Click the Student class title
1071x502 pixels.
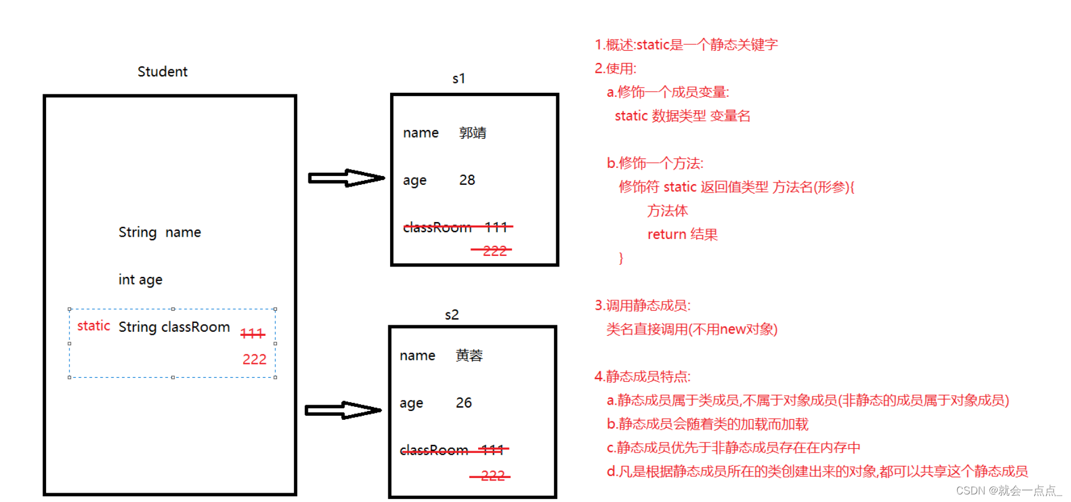[162, 72]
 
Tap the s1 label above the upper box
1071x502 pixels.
[459, 79]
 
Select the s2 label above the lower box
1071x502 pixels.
[452, 315]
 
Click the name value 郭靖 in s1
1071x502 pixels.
[472, 133]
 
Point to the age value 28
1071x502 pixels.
[467, 180]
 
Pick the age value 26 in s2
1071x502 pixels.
[464, 403]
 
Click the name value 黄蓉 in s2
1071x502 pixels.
[469, 356]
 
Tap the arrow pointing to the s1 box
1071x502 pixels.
[346, 178]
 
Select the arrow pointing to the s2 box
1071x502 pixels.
[343, 410]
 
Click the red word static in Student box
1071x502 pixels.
[93, 326]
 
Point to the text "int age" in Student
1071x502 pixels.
[141, 280]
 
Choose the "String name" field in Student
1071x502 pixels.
[160, 233]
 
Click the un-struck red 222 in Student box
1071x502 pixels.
[254, 359]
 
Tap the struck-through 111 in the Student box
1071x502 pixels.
[252, 334]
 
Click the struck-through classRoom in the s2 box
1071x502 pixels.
[434, 450]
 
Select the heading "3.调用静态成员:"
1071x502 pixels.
[642, 306]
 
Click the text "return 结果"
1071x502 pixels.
[682, 234]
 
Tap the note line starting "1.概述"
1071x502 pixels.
[686, 45]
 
